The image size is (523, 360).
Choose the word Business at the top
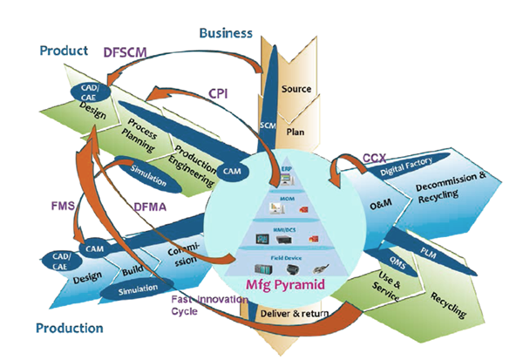[226, 34]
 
